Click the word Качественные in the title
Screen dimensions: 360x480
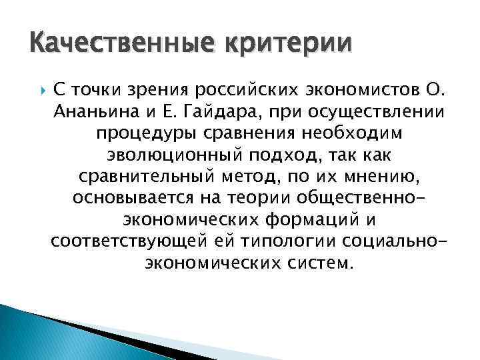104,45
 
